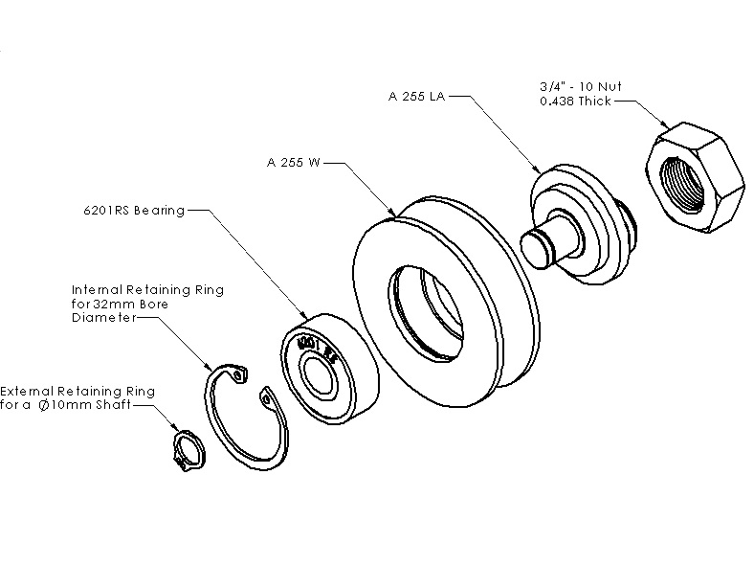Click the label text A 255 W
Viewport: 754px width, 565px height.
coord(294,163)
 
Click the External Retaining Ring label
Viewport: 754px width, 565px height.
coord(78,392)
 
